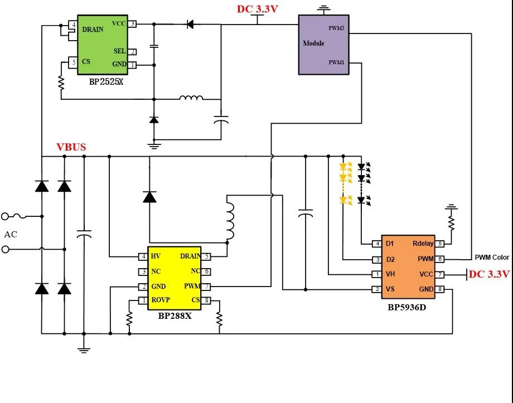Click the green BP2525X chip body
[x=103, y=45]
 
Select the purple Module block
[x=323, y=45]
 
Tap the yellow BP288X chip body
[x=175, y=278]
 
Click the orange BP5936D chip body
[x=408, y=266]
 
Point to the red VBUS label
[x=71, y=147]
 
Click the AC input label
[x=11, y=234]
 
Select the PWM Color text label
[x=492, y=258]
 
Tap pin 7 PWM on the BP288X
[x=206, y=287]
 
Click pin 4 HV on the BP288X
[x=143, y=256]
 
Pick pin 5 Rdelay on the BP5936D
[x=440, y=244]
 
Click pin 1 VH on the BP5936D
[x=378, y=274]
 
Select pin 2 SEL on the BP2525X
[x=133, y=52]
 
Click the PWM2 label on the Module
[x=336, y=28]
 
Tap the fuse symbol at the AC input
[x=20, y=216]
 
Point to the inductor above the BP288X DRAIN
[x=230, y=221]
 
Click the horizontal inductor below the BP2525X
[x=191, y=98]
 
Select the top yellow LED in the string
[x=343, y=167]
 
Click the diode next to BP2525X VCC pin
[x=190, y=24]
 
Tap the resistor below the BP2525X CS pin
[x=61, y=82]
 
